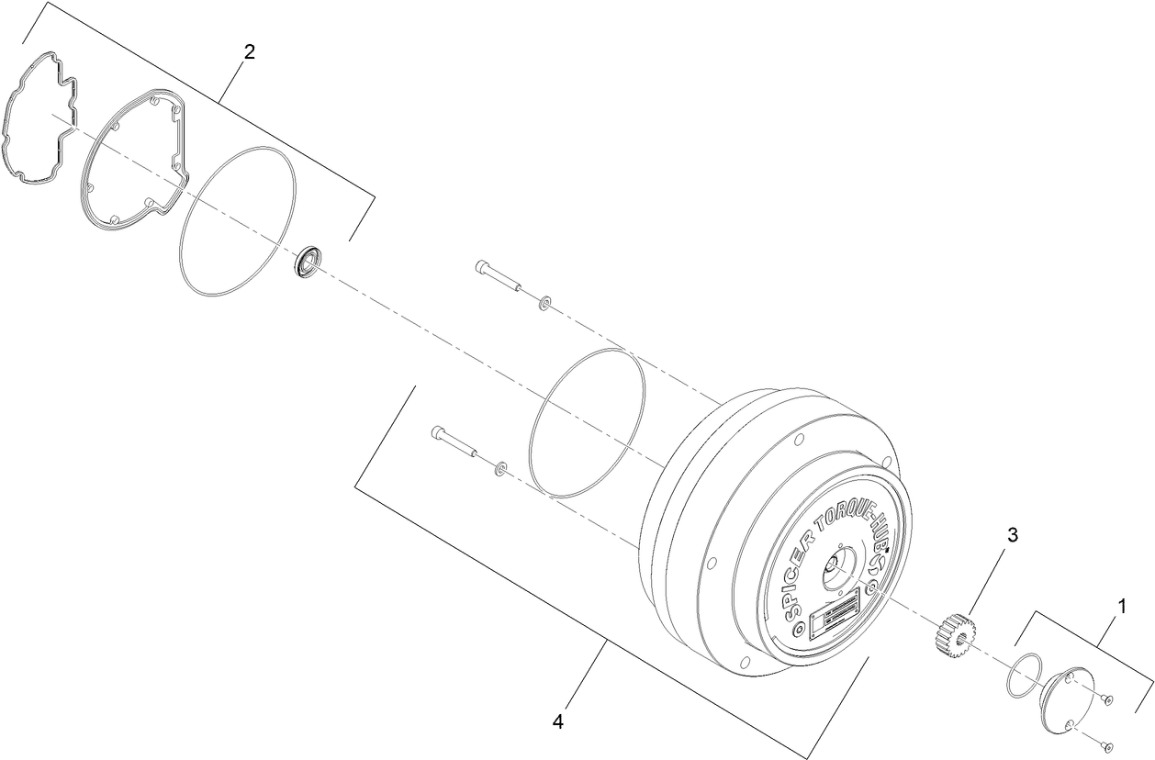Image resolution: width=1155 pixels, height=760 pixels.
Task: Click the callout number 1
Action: [1120, 607]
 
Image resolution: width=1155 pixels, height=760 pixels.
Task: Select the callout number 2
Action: [249, 50]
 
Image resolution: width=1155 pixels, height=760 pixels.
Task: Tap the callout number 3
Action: [1013, 535]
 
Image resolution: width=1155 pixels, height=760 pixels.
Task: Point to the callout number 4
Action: [558, 721]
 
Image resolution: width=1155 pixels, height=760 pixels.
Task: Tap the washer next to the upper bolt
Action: [545, 301]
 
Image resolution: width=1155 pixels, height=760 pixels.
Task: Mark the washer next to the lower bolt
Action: [499, 470]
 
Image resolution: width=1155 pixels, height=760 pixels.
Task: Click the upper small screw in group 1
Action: [1108, 701]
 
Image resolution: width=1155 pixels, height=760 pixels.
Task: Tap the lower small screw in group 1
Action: [1108, 743]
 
